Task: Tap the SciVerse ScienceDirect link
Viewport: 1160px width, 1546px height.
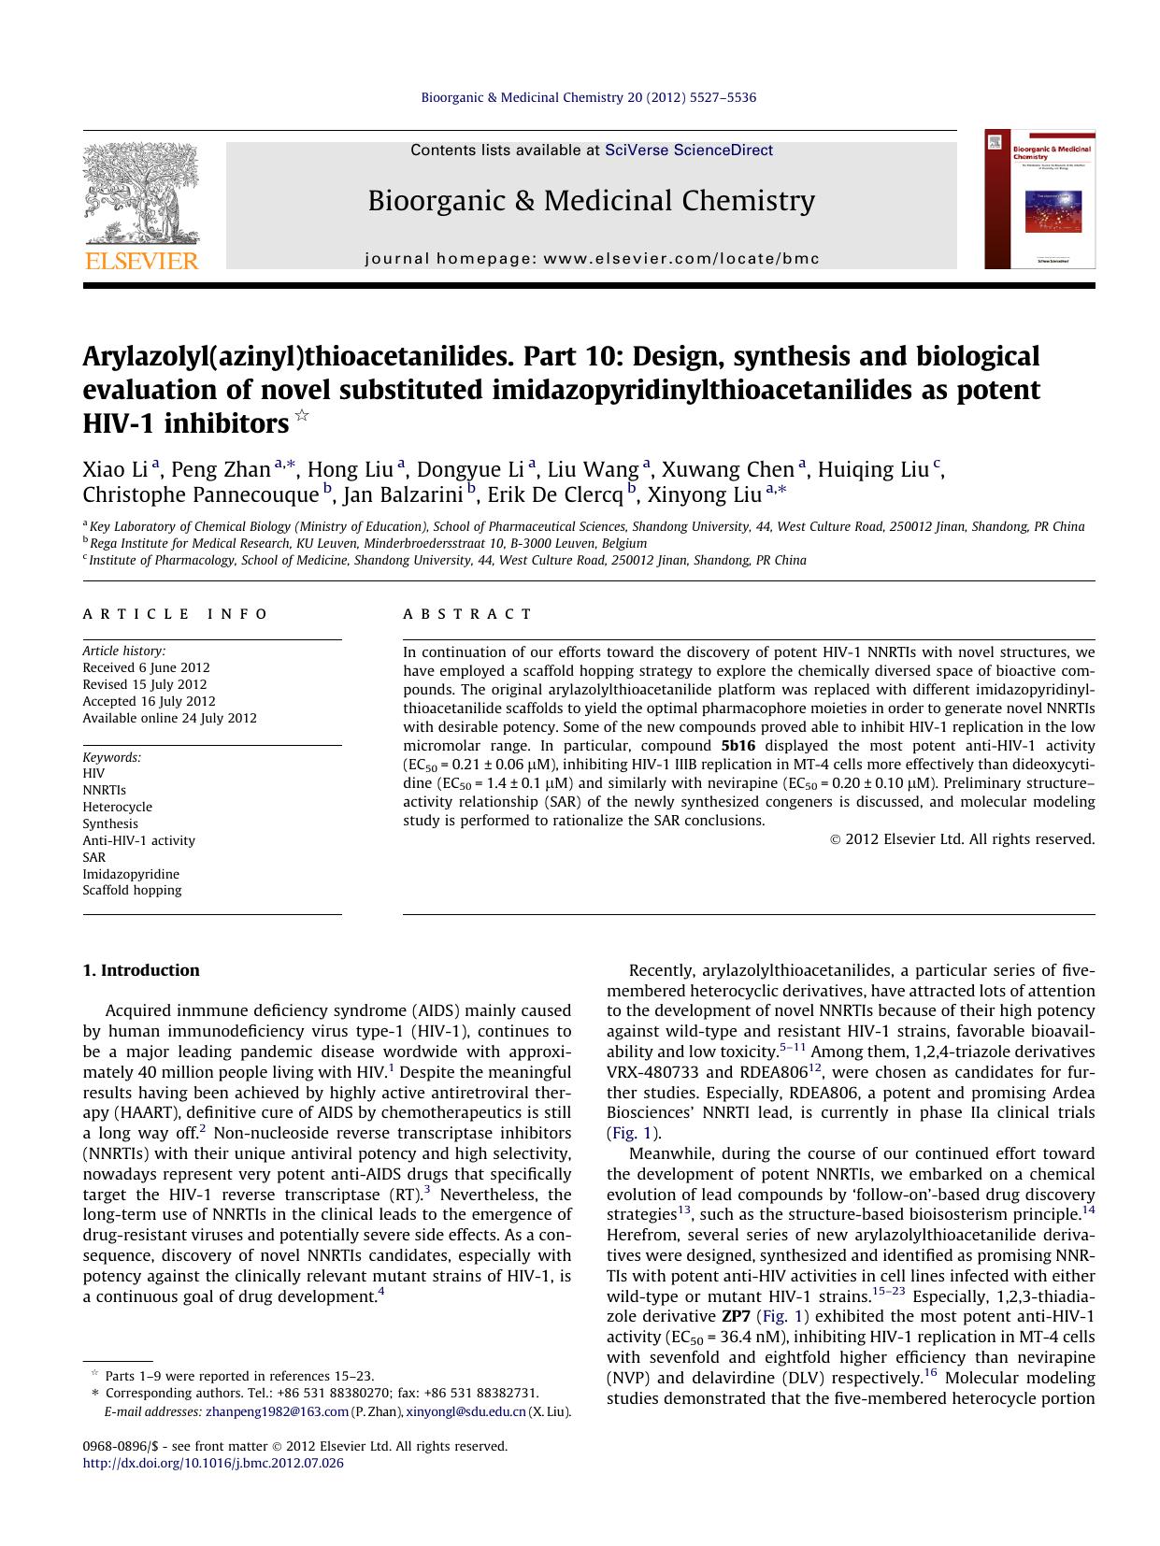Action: click(x=688, y=150)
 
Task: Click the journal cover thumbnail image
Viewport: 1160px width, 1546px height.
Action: click(x=1038, y=199)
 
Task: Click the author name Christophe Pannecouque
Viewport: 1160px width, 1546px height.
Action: click(x=200, y=494)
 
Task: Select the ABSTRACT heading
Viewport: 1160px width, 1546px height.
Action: click(x=467, y=614)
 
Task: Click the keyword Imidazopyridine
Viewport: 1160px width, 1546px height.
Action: click(x=131, y=874)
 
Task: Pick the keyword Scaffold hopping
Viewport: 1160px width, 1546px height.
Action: click(x=132, y=890)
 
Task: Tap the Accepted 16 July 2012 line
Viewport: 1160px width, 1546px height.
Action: click(x=149, y=701)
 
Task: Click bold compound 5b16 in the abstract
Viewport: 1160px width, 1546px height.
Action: click(x=738, y=746)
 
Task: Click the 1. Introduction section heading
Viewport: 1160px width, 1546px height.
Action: click(x=141, y=970)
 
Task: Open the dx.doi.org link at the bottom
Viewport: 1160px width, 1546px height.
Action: click(x=213, y=1463)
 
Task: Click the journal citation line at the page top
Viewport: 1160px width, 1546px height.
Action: click(x=588, y=97)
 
